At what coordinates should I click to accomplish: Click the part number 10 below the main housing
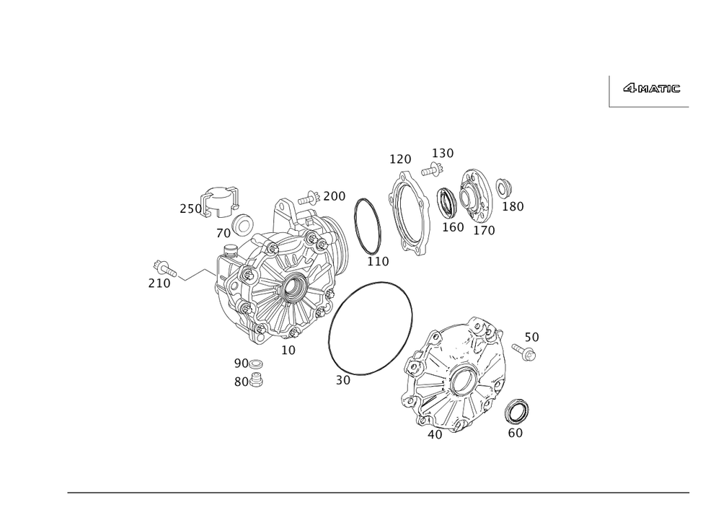pyautogui.click(x=288, y=350)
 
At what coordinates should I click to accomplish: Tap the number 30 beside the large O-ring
pyautogui.click(x=343, y=379)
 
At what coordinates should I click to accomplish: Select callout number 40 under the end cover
pyautogui.click(x=435, y=434)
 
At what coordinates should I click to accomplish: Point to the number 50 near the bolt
pyautogui.click(x=531, y=337)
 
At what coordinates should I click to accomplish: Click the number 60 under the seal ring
pyautogui.click(x=516, y=434)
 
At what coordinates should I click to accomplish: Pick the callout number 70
pyautogui.click(x=224, y=234)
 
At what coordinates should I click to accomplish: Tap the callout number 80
pyautogui.click(x=240, y=382)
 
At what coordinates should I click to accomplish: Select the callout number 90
pyautogui.click(x=240, y=362)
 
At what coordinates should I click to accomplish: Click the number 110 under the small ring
pyautogui.click(x=378, y=260)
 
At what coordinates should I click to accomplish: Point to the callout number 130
pyautogui.click(x=443, y=153)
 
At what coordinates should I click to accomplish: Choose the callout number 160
pyautogui.click(x=452, y=227)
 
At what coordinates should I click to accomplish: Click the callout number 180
pyautogui.click(x=513, y=207)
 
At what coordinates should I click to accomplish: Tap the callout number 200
pyautogui.click(x=335, y=195)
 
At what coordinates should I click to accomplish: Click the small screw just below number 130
pyautogui.click(x=433, y=170)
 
